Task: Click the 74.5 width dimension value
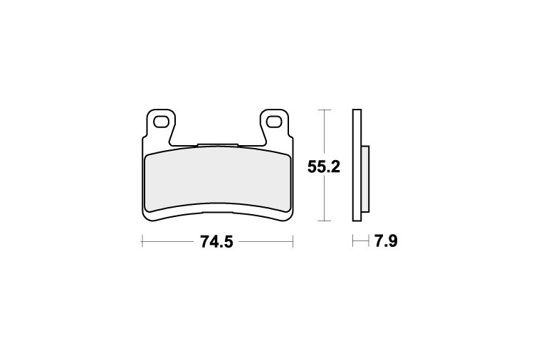pyautogui.click(x=216, y=241)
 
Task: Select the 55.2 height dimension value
pyautogui.click(x=324, y=167)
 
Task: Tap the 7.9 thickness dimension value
pyautogui.click(x=386, y=241)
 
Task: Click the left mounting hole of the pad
pyautogui.click(x=160, y=122)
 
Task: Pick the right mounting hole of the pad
pyautogui.click(x=273, y=122)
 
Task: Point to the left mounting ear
pyautogui.click(x=160, y=124)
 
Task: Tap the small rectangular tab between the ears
pyautogui.click(x=217, y=145)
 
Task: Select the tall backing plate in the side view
pyautogui.click(x=357, y=165)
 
